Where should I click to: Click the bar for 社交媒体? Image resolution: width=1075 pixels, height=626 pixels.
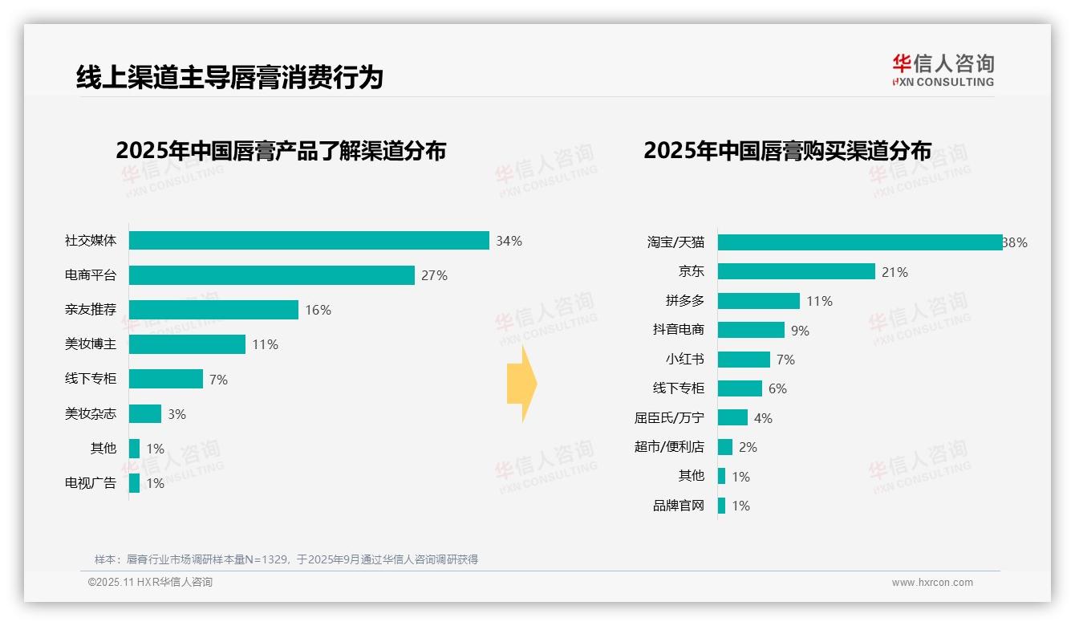click(309, 241)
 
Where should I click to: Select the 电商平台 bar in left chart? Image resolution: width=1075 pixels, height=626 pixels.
click(271, 275)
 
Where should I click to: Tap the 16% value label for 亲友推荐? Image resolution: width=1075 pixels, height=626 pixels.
click(318, 310)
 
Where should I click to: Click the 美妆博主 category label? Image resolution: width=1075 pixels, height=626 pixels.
click(91, 344)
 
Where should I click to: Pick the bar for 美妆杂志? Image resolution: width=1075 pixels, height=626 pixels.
click(145, 414)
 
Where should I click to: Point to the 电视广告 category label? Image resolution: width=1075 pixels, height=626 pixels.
click(91, 483)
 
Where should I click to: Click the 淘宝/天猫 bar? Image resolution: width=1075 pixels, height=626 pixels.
click(859, 242)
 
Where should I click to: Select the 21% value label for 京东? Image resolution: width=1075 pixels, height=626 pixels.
click(894, 272)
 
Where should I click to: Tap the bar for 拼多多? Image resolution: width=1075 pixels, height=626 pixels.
click(758, 301)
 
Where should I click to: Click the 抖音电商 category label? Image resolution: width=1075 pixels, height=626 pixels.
click(678, 330)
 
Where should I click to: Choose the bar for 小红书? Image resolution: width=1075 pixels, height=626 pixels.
click(744, 360)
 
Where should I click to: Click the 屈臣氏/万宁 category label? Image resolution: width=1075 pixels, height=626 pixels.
click(669, 418)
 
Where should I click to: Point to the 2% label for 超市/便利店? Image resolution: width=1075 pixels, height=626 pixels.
click(748, 447)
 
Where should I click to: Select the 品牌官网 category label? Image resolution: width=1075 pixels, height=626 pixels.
click(678, 506)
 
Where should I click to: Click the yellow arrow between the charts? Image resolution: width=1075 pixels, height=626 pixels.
click(521, 384)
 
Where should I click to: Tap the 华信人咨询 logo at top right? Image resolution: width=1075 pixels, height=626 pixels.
click(943, 70)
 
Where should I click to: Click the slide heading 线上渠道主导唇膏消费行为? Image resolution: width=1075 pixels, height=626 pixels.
click(229, 77)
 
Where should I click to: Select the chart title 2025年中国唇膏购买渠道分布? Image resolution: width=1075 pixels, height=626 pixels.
click(787, 151)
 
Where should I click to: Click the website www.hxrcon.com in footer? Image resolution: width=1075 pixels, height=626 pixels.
click(932, 583)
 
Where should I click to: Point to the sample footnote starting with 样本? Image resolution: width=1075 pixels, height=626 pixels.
click(286, 559)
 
